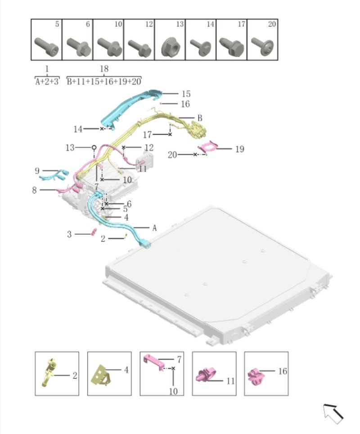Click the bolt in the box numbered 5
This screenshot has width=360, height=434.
pyautogui.click(x=46, y=46)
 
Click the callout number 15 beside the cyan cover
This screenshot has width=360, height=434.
pyautogui.click(x=186, y=94)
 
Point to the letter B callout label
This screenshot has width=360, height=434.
pyautogui.click(x=200, y=118)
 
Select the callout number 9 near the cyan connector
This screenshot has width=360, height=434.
pyautogui.click(x=37, y=171)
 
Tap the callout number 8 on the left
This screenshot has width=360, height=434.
pyautogui.click(x=34, y=190)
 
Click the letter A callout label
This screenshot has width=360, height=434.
pyautogui.click(x=154, y=228)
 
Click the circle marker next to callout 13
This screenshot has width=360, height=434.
pyautogui.click(x=94, y=147)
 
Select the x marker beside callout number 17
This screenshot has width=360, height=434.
pyautogui.click(x=170, y=134)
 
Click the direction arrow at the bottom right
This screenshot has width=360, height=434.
pyautogui.click(x=333, y=413)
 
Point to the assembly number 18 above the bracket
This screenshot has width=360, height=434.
pyautogui.click(x=104, y=69)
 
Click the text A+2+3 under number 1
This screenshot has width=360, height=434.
pyautogui.click(x=47, y=81)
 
